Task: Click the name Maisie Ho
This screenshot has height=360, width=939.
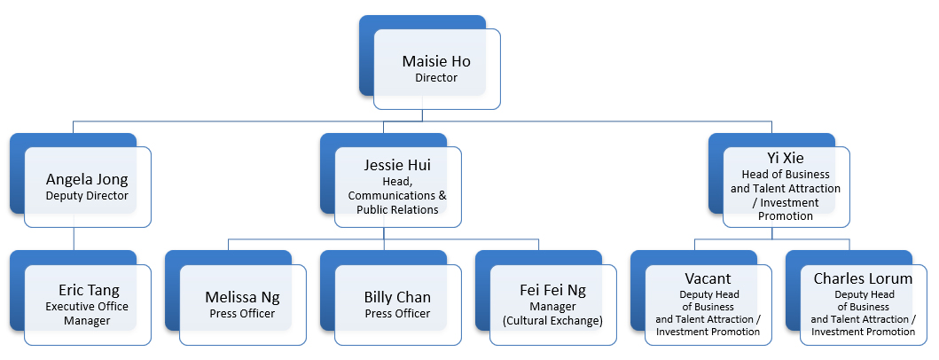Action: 436,61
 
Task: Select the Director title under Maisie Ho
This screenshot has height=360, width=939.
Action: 436,78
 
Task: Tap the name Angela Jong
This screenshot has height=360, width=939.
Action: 88,179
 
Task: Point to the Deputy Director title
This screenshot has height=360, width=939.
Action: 88,196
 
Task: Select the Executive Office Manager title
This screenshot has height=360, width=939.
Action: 88,314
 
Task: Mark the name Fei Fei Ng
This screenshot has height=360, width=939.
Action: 552,290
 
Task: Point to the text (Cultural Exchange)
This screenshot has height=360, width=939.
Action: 552,320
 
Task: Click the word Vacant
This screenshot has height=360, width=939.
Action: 708,278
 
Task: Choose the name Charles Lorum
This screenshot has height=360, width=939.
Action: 863,278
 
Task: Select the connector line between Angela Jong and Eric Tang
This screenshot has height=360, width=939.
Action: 74,231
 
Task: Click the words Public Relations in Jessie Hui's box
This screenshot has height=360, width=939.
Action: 398,209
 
